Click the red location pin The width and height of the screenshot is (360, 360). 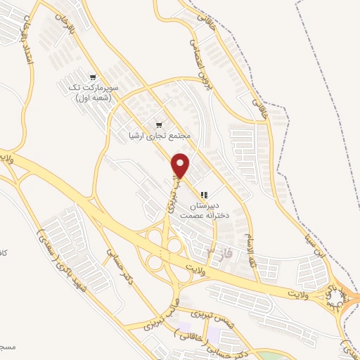[x=181, y=165]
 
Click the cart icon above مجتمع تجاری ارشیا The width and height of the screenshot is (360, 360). [x=158, y=124]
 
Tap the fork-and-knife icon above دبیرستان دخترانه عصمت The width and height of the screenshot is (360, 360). [x=203, y=195]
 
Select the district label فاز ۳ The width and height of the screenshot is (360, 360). [x=220, y=251]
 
